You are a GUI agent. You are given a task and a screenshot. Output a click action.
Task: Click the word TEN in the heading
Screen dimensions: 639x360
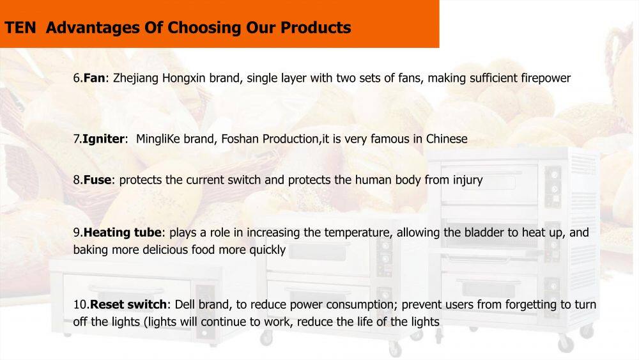(20, 27)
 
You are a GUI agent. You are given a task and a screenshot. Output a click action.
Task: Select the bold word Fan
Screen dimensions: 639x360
(94, 78)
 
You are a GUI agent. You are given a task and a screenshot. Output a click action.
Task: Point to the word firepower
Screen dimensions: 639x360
(546, 78)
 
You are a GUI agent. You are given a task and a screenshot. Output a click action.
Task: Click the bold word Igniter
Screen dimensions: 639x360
(104, 139)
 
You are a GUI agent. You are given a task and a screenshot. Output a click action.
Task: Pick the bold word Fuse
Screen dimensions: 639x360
(97, 180)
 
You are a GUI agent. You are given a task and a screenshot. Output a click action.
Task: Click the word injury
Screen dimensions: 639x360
(468, 180)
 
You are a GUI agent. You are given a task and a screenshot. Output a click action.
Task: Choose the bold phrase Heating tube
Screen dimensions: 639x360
(122, 232)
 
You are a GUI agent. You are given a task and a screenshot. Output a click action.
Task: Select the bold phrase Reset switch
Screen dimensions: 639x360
(128, 304)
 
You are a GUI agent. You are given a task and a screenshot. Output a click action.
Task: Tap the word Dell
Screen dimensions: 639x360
(185, 304)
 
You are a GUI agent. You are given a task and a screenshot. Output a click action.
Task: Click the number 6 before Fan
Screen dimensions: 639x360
(77, 78)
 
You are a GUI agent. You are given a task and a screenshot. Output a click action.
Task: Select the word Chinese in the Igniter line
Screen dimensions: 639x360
(447, 139)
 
